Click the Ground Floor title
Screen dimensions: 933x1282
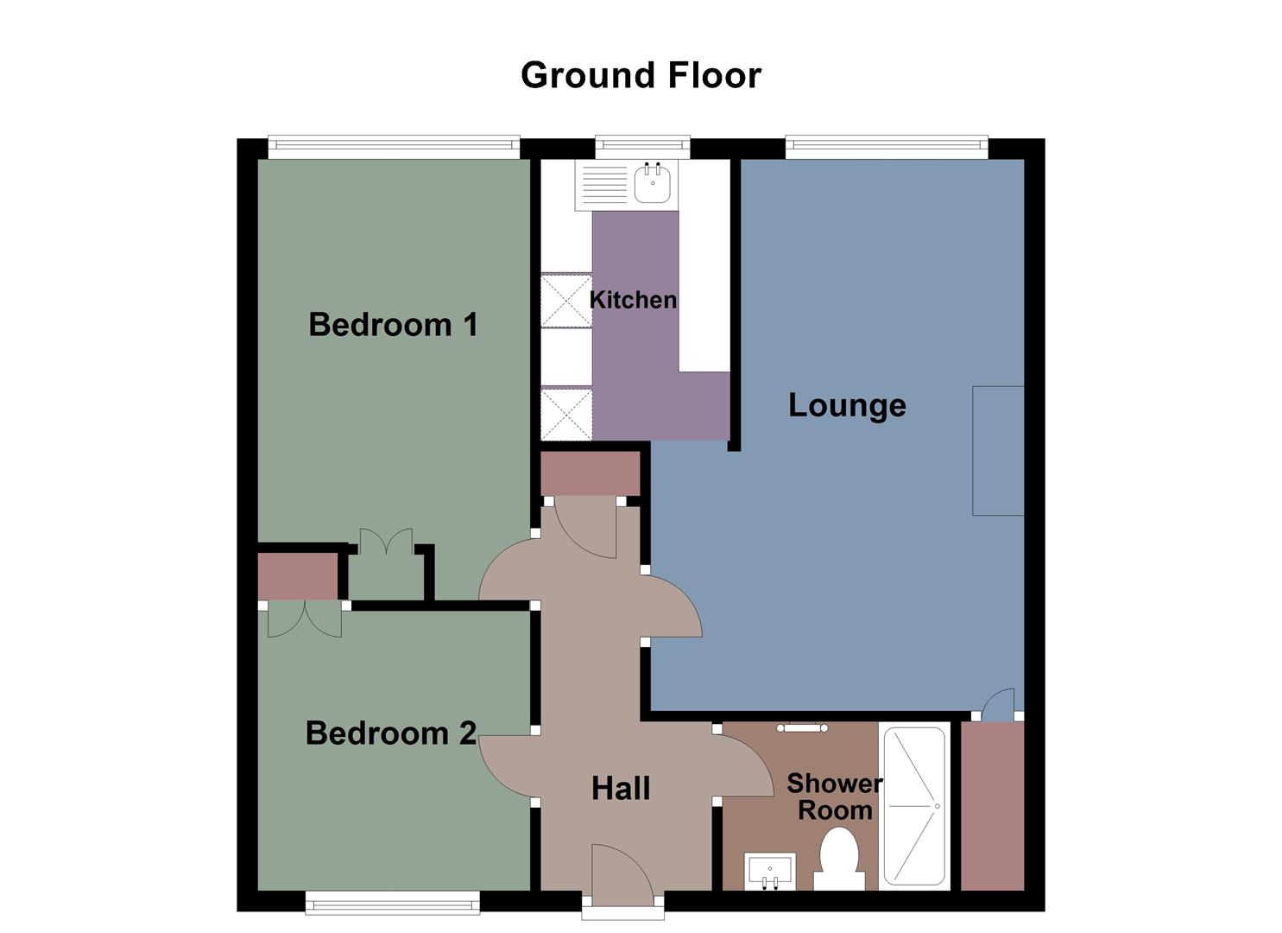tap(641, 75)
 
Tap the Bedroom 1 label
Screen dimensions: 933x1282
tap(393, 325)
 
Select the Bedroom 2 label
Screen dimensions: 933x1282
tap(390, 733)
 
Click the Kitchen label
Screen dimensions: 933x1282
tap(633, 300)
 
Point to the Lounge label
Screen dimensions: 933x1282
tap(847, 404)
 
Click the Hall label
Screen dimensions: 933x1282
tap(621, 788)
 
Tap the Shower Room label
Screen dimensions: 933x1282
tap(834, 797)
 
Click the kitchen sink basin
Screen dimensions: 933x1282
tap(654, 183)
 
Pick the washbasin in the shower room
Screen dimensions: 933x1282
tap(769, 870)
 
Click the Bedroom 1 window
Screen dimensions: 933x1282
tap(394, 147)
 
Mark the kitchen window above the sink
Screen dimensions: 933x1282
tap(642, 147)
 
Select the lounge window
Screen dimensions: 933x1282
tap(886, 147)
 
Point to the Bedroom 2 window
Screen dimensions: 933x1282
tap(393, 903)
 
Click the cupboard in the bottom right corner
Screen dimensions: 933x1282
tap(993, 805)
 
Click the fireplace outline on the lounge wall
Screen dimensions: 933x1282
tap(998, 450)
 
